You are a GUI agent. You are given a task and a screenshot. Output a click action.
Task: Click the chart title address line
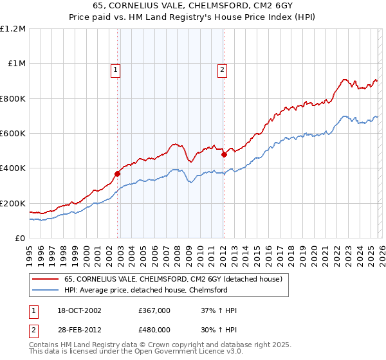[x=193, y=6]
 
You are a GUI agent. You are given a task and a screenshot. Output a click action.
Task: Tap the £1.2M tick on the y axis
[x=14, y=29]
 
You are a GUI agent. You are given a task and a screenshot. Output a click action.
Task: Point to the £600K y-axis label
[x=13, y=134]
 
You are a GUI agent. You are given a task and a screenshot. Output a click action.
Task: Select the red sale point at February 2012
[x=224, y=154]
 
